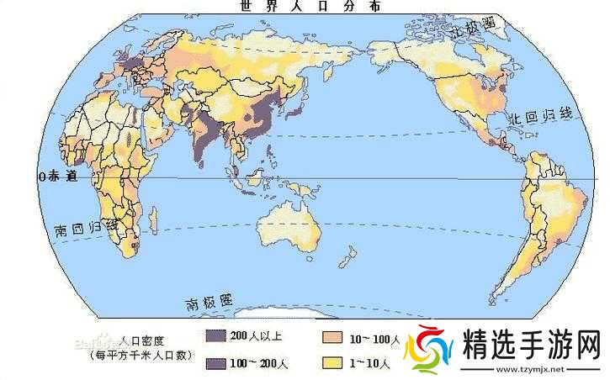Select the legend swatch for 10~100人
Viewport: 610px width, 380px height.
point(333,336)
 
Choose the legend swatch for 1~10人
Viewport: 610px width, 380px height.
point(333,363)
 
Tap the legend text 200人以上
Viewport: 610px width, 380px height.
point(255,336)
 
